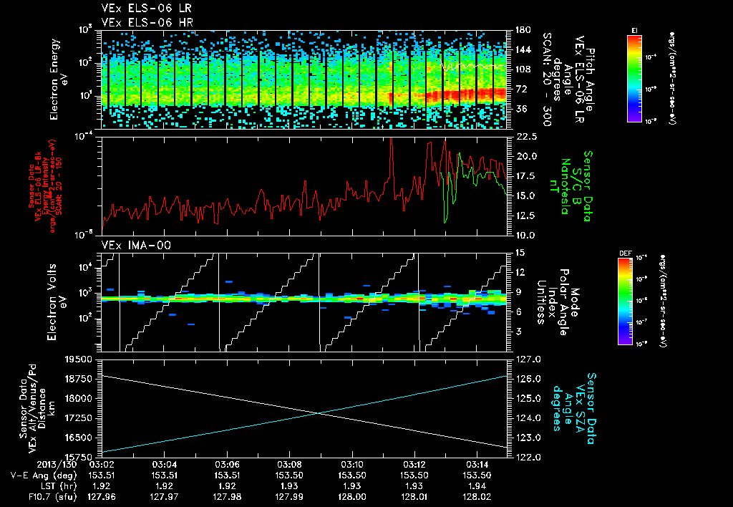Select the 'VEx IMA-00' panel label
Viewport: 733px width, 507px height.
[127, 245]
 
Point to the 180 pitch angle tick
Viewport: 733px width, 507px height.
[520, 30]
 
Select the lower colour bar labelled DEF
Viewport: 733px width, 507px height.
[624, 301]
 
